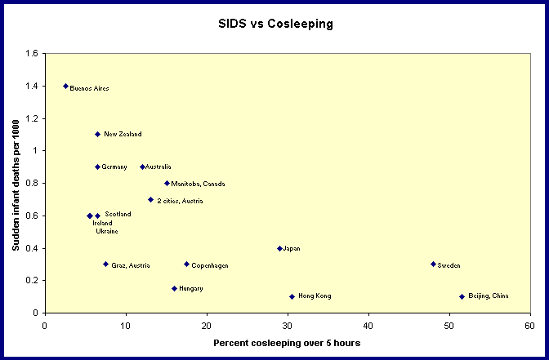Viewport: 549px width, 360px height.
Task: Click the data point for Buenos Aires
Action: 65,86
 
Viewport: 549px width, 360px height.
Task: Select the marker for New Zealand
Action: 97,134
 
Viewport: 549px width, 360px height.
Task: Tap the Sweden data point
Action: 433,264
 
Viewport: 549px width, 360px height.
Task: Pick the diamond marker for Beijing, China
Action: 462,296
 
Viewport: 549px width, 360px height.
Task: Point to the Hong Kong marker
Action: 292,296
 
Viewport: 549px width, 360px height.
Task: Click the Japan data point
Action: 279,248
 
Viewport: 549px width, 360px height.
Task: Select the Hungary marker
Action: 174,288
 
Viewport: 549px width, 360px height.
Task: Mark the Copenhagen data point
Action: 186,264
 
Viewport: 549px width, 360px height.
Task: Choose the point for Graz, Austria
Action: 105,264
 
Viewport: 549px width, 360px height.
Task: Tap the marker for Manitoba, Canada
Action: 167,183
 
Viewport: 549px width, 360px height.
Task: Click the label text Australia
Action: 158,167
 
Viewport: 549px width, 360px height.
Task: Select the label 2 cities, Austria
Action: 180,200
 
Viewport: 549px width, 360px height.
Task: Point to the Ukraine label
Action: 107,231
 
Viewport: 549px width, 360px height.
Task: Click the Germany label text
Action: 114,167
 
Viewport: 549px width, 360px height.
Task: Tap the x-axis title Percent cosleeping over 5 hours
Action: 286,343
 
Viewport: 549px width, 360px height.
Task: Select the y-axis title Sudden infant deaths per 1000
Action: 17,184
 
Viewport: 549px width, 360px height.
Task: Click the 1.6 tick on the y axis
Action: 31,53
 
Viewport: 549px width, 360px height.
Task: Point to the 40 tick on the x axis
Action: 368,325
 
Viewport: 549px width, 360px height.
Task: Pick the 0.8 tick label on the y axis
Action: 31,183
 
